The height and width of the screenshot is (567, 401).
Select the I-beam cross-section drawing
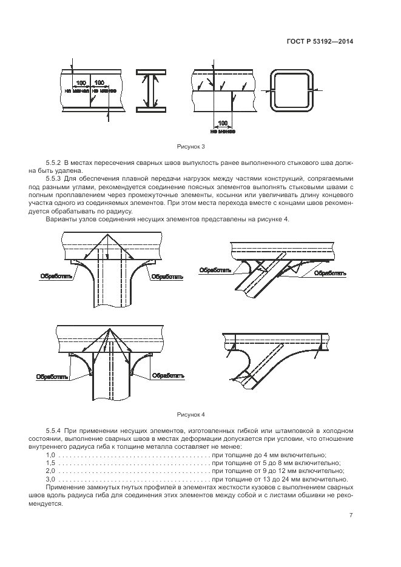click(148, 92)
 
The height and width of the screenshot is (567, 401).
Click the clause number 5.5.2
click(54, 164)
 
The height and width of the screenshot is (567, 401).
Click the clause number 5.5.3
click(54, 179)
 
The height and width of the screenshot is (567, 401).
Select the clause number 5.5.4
click(54, 431)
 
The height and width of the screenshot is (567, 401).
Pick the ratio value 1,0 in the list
click(51, 454)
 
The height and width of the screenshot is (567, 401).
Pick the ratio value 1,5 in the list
click(51, 462)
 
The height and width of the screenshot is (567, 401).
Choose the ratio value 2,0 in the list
click(51, 470)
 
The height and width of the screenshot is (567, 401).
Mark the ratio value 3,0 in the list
click(51, 478)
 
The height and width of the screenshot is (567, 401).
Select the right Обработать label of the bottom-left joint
click(167, 376)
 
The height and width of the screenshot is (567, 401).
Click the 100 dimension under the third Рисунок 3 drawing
click(223, 122)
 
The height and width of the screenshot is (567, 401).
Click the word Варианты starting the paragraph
click(60, 219)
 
